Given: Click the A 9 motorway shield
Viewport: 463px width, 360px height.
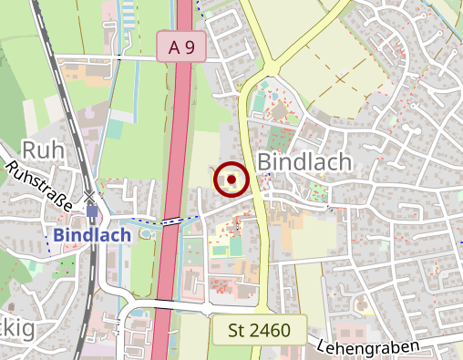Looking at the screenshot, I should [181, 47].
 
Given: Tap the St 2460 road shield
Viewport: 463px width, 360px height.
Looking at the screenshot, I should [259, 330].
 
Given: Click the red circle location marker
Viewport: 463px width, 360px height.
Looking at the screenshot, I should [231, 180].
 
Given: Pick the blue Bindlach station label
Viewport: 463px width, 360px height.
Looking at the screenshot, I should [92, 234].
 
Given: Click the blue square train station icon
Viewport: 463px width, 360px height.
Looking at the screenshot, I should [92, 211].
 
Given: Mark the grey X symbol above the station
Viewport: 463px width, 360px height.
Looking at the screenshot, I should [89, 196].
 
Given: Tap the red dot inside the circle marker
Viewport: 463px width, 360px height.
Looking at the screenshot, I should [231, 180].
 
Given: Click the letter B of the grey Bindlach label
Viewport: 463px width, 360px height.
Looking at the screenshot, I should [266, 160].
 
